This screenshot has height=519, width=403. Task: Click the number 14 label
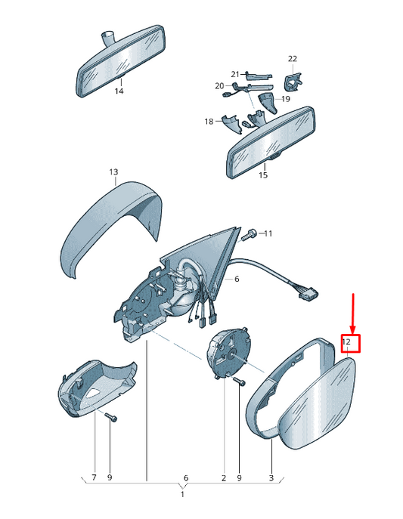pos(119,91)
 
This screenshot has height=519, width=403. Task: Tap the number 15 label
pos(263,175)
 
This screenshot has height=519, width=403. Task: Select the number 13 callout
pos(113,172)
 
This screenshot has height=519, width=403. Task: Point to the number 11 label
pos(268,233)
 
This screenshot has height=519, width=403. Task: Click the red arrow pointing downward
pos(353,313)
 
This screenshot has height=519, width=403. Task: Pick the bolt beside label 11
pos(247,235)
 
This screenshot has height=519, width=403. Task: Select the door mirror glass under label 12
pos(317,404)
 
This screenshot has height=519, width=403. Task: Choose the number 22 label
pos(293,59)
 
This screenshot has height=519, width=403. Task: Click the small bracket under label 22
pos(293,82)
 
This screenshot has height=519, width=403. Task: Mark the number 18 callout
pos(209,122)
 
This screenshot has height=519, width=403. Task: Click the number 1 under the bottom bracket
pos(182,494)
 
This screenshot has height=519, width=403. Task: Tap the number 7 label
pos(94,477)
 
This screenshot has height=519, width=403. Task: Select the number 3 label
pos(271,478)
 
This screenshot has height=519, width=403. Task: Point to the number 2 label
pos(224,478)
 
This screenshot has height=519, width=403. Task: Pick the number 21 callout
pos(235,74)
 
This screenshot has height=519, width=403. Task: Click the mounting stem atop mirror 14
pos(107,37)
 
